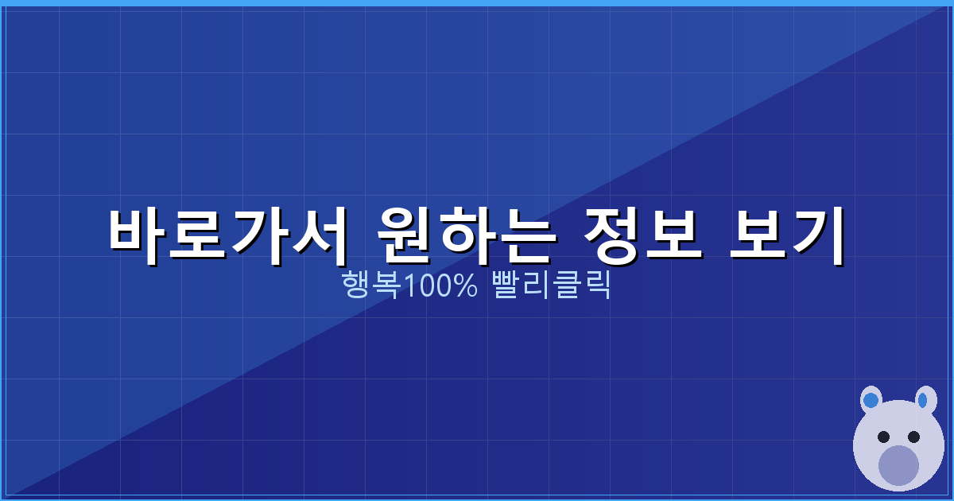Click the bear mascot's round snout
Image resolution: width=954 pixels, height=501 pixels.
(x=898, y=465)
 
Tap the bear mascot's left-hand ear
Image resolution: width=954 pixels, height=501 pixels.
(x=871, y=399)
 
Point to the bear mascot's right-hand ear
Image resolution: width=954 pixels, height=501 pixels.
(x=925, y=399)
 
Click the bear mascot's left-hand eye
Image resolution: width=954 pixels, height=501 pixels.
(x=883, y=437)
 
